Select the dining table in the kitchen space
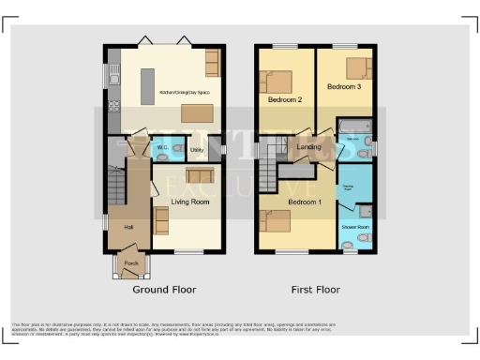pyautogui.click(x=196, y=113)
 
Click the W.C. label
pyautogui.click(x=162, y=148)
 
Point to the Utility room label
pyautogui.click(x=197, y=149)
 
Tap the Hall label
pyautogui.click(x=128, y=226)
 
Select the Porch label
pyautogui.click(x=130, y=263)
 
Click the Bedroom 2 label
pyautogui.click(x=285, y=99)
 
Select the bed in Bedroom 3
pyautogui.click(x=356, y=67)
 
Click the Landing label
pyautogui.click(x=309, y=146)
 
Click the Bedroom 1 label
pyautogui.click(x=305, y=202)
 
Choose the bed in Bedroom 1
pyautogui.click(x=278, y=221)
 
